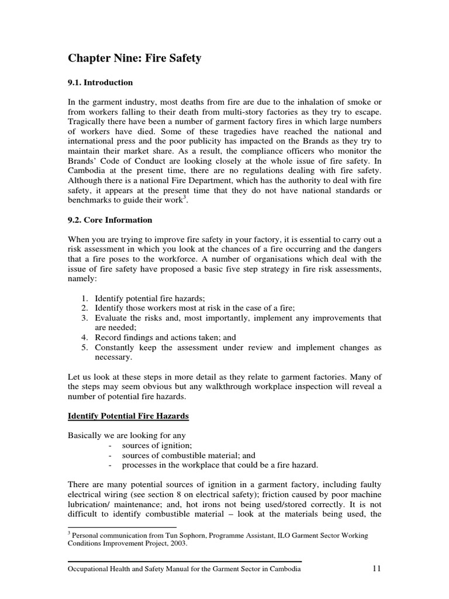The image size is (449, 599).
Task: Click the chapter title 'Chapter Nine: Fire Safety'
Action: tap(134, 58)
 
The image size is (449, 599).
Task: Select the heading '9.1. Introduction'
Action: tap(101, 82)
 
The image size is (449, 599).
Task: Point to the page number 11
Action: tap(375, 569)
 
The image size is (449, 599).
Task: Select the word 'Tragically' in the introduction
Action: tap(87, 121)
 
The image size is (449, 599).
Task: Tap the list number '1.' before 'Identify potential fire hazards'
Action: tap(84, 298)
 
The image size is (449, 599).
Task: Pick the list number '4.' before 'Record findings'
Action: tap(84, 338)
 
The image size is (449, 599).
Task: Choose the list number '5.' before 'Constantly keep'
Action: tap(84, 347)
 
